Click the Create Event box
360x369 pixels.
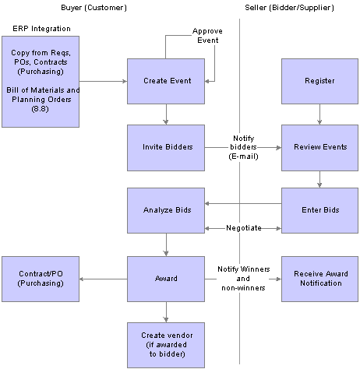tap(165, 80)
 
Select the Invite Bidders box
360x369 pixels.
tap(165, 147)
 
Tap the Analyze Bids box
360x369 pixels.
tap(165, 209)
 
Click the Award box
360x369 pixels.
tap(165, 278)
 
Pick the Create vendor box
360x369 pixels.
tap(165, 343)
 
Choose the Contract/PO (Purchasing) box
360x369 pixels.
tap(40, 278)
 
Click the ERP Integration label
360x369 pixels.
tap(41, 29)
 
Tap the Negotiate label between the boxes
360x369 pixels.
tap(242, 228)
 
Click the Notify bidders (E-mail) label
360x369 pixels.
tap(243, 146)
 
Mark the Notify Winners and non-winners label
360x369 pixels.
tap(243, 278)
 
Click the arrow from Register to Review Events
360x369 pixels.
tap(319, 115)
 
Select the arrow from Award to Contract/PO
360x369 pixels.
tap(103, 279)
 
